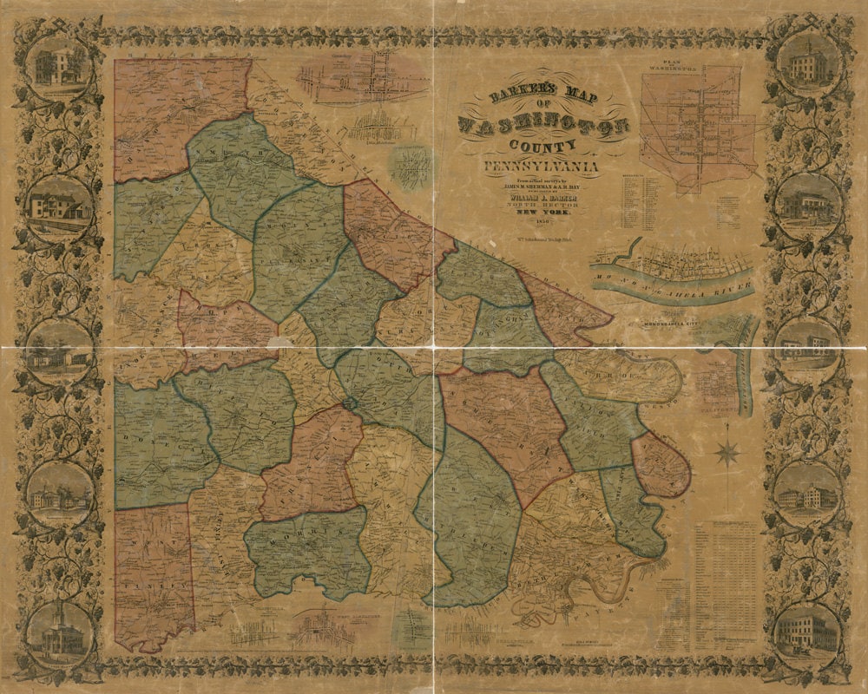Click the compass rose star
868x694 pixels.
[x=727, y=453]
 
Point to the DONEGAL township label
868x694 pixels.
[x=156, y=442]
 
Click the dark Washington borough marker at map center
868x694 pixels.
[x=350, y=404]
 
